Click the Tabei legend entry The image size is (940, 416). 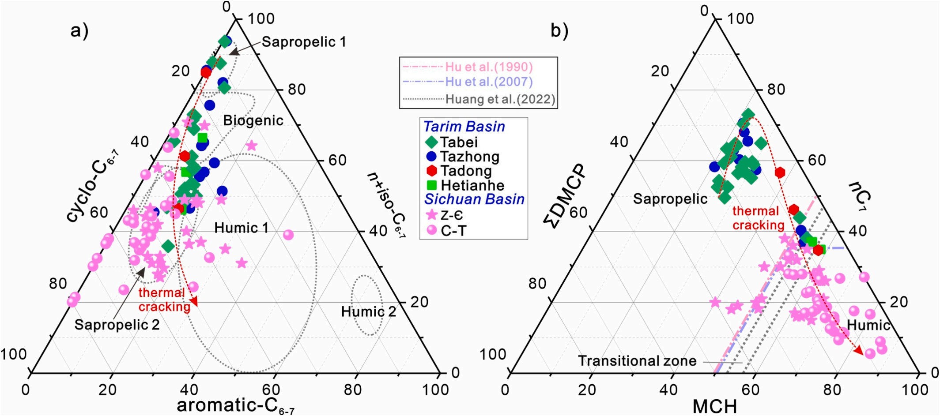click(x=459, y=142)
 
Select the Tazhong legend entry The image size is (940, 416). click(x=469, y=157)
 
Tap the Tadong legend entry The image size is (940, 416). click(x=466, y=171)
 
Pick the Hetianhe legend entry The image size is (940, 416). click(x=472, y=185)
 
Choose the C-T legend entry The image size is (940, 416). click(x=452, y=230)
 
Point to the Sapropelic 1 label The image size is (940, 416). click(x=304, y=42)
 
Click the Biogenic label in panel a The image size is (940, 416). click(x=253, y=120)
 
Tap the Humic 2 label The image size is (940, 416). click(x=369, y=312)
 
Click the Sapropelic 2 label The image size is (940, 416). click(x=117, y=325)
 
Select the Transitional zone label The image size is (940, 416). click(x=637, y=361)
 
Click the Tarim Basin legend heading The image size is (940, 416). click(x=464, y=127)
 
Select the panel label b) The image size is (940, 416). click(x=559, y=31)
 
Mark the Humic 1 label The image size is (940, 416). click(x=242, y=228)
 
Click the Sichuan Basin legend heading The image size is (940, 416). click(x=474, y=199)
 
